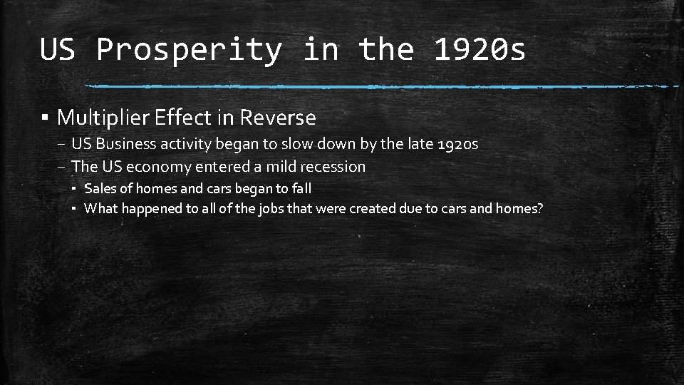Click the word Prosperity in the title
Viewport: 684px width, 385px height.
(189, 50)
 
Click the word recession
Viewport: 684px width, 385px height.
(333, 167)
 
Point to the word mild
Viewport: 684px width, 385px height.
(281, 167)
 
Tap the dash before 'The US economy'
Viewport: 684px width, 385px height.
(63, 167)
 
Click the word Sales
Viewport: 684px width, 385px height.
(98, 189)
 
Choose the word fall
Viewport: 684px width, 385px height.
(301, 189)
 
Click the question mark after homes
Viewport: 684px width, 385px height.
(539, 208)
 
